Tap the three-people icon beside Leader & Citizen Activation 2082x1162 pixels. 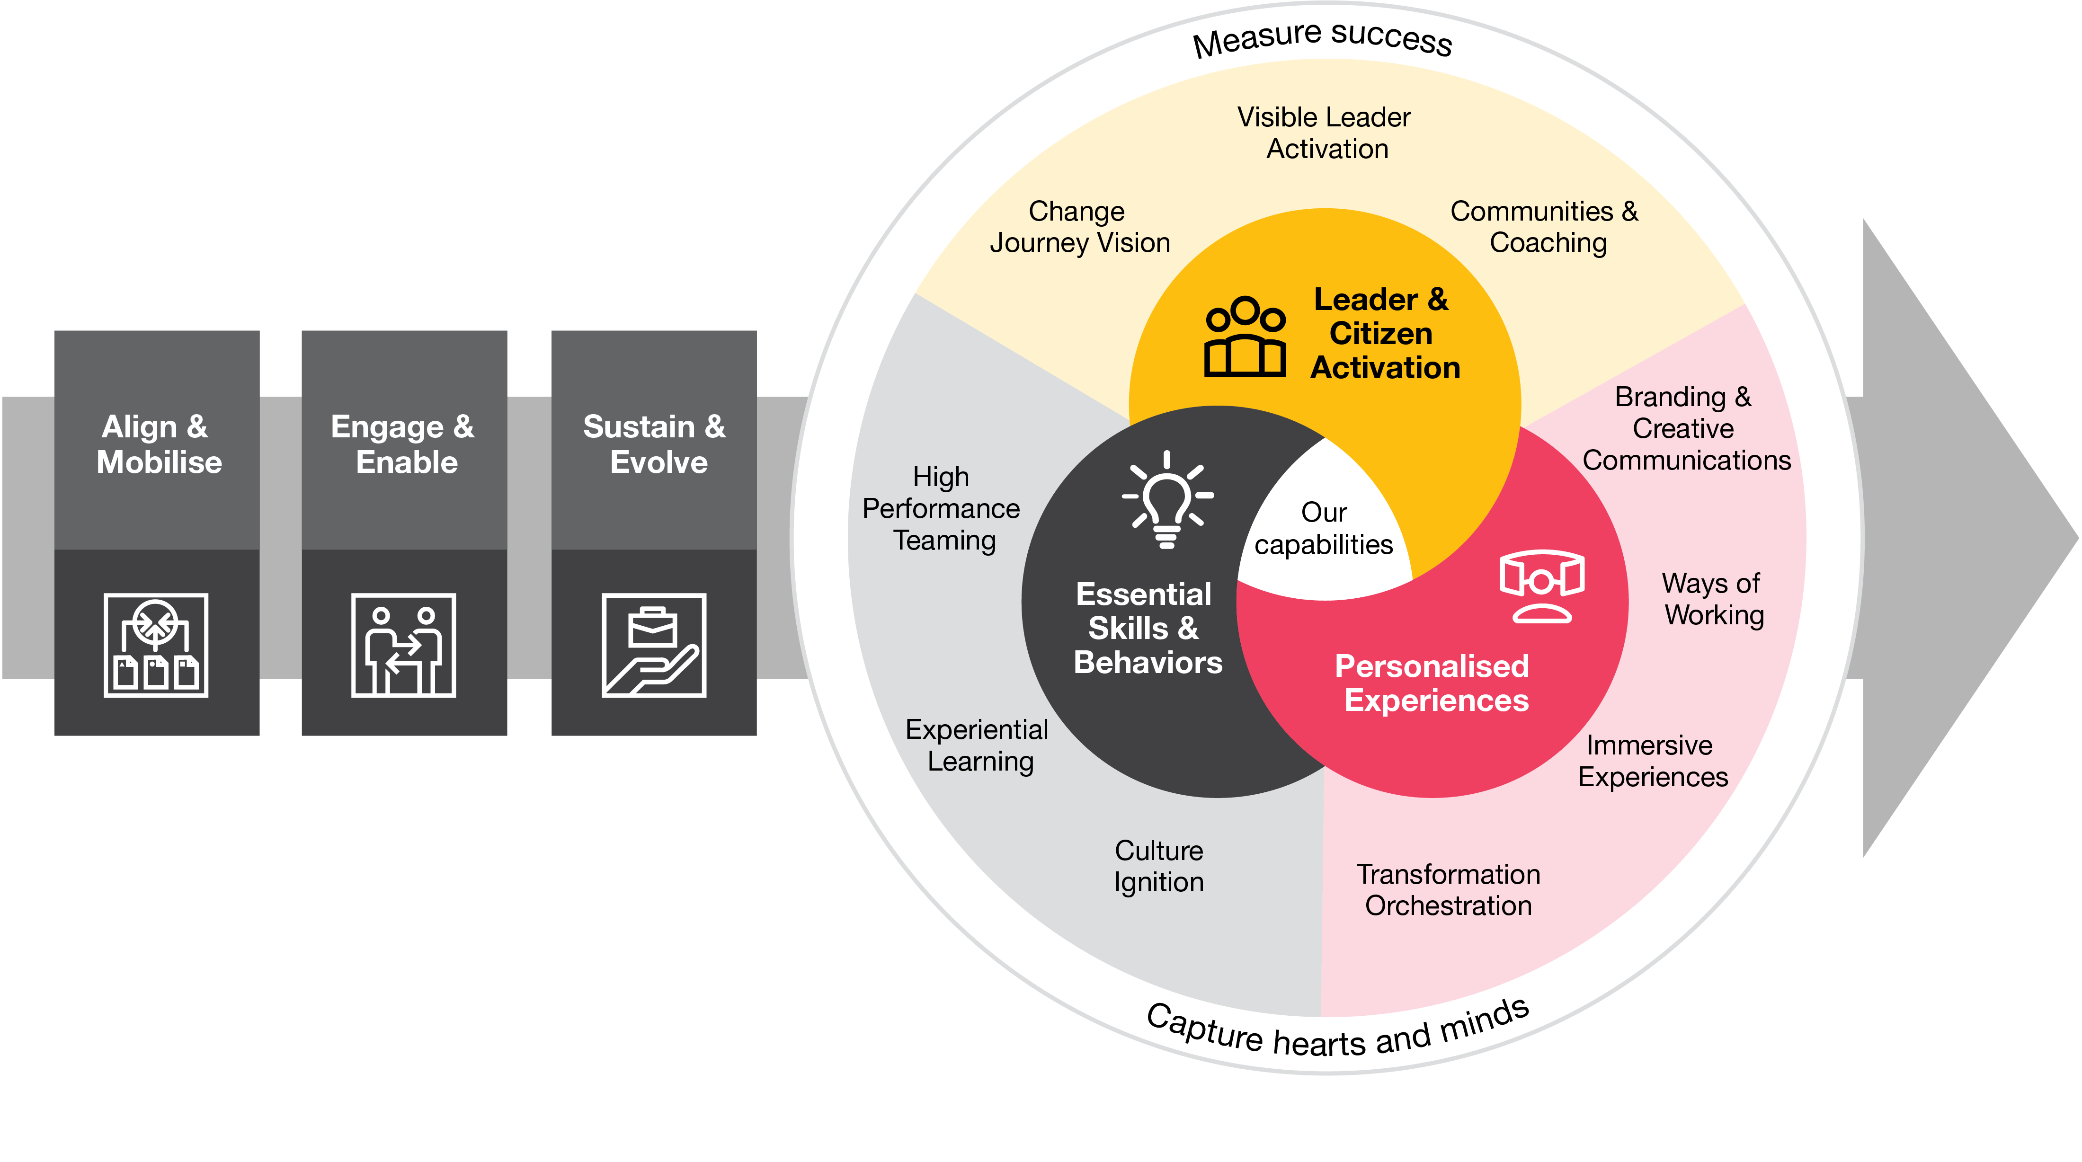coord(1245,337)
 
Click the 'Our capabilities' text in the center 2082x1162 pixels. coord(1324,529)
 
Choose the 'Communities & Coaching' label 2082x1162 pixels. coord(1545,227)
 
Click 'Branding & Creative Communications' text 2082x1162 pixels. coord(1686,428)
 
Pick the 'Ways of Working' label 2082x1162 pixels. coord(1713,599)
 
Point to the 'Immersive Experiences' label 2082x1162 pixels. coord(1652,761)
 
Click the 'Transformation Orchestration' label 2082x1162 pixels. coord(1448,890)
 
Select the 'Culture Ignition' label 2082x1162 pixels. coord(1159,866)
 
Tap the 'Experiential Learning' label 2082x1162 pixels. coord(977,745)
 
